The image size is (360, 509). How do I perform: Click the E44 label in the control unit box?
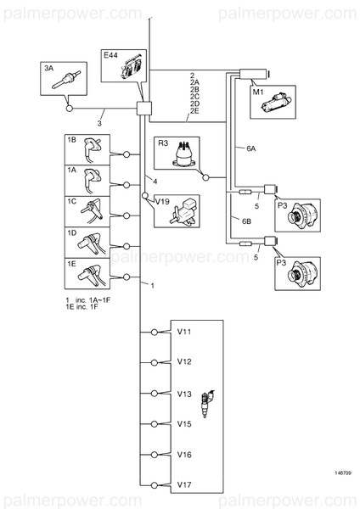(x=110, y=55)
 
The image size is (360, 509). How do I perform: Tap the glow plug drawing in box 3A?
(x=66, y=80)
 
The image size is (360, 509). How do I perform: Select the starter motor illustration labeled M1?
(x=277, y=103)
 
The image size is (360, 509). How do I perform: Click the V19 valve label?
(x=162, y=202)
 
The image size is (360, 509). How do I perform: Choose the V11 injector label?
(x=184, y=332)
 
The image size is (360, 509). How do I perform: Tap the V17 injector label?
(x=184, y=484)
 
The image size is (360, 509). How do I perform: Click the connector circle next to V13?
(x=155, y=394)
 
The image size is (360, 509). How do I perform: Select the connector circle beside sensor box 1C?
(x=127, y=215)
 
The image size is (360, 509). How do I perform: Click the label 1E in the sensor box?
(x=71, y=264)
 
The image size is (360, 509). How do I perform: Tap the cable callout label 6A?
(x=250, y=148)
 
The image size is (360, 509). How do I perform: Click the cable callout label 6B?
(x=246, y=221)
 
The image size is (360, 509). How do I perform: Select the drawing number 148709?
(x=343, y=473)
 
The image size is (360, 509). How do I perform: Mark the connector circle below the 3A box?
(x=70, y=108)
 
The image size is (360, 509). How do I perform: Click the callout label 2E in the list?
(x=194, y=111)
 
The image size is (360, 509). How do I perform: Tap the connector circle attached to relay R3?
(x=205, y=177)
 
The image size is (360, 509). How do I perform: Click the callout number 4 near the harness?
(x=155, y=182)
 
